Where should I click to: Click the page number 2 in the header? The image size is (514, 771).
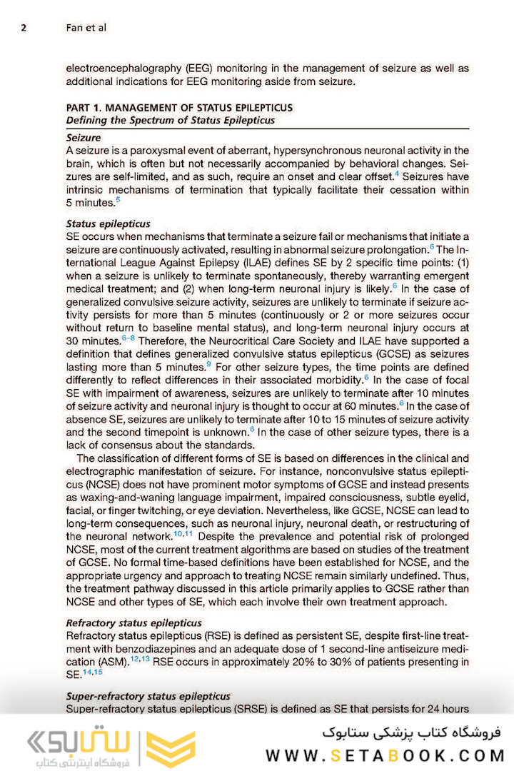(24, 29)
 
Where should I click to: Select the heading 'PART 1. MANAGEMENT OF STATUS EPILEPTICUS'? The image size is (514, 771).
(178, 108)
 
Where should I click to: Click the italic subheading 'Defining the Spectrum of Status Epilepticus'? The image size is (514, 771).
(170, 120)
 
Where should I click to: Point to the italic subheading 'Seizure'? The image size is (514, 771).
(84, 137)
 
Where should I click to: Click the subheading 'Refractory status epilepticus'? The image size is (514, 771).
(133, 623)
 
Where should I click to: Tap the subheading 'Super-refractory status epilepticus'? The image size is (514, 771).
(148, 696)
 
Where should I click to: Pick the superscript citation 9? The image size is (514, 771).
(208, 364)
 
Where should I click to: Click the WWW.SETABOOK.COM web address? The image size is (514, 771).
(385, 755)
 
